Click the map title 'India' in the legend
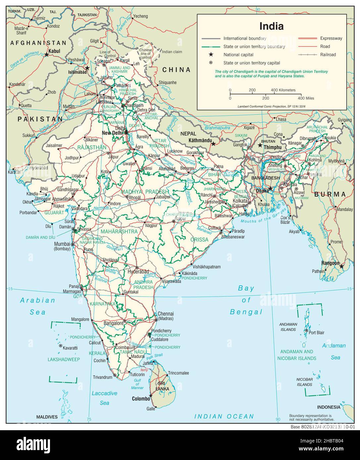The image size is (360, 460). click(x=271, y=26)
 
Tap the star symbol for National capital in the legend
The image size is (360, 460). click(x=210, y=55)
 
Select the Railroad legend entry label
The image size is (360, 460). click(x=328, y=55)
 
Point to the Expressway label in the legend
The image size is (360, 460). click(x=331, y=38)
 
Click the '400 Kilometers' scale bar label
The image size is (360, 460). click(x=283, y=90)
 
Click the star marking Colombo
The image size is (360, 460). click(x=151, y=395)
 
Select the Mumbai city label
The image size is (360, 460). click(x=62, y=244)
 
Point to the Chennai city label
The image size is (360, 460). click(x=166, y=314)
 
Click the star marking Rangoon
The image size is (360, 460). click(x=342, y=266)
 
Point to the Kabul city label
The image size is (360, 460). click(x=54, y=51)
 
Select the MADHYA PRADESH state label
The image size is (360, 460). click(x=145, y=192)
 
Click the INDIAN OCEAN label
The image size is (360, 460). click(x=224, y=416)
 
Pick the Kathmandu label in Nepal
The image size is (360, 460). click(x=200, y=140)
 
